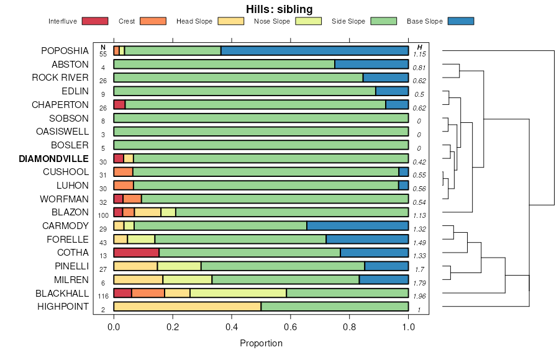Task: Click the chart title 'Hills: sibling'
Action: coord(279,9)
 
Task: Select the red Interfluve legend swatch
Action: coord(95,21)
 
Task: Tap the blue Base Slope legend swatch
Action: coord(460,21)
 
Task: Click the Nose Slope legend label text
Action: coord(272,21)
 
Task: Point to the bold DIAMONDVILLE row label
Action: coord(53,158)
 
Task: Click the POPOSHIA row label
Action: coord(65,51)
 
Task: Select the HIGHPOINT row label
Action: coord(63,307)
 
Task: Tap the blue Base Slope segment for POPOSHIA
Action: coord(314,51)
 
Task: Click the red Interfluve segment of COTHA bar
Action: coord(136,253)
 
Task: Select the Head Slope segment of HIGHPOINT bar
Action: coord(187,307)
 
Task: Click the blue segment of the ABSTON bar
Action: coord(371,64)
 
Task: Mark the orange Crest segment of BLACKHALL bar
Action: coord(148,293)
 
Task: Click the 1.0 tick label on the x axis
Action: coord(408,328)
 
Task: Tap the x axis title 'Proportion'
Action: coord(261,343)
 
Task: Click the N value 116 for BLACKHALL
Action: coord(103,296)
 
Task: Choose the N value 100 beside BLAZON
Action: coord(103,215)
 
